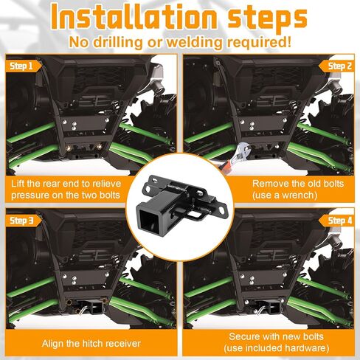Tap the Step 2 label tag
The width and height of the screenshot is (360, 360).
(x=336, y=66)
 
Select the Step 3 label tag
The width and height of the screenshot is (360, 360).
(x=24, y=221)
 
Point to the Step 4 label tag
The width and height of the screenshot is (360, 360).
(x=336, y=221)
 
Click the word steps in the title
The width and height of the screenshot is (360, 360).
(x=268, y=19)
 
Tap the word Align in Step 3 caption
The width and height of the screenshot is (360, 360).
(x=52, y=343)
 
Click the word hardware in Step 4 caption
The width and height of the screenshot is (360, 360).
(x=305, y=348)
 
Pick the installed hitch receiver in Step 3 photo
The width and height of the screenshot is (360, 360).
(x=91, y=306)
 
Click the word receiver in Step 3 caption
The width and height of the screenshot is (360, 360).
(x=124, y=343)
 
